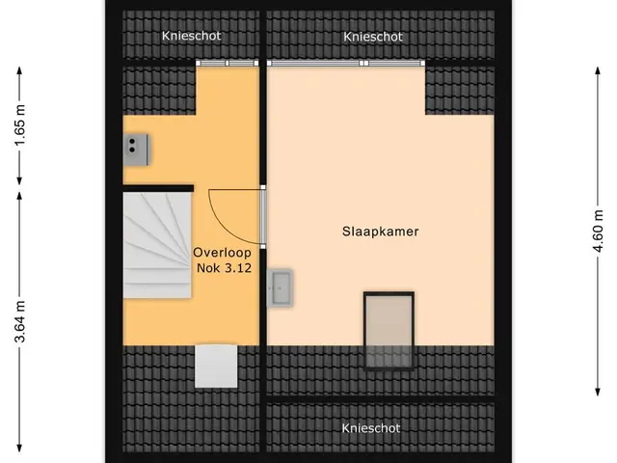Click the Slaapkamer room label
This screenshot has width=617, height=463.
pyautogui.click(x=380, y=231)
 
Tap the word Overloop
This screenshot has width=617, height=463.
pyautogui.click(x=222, y=253)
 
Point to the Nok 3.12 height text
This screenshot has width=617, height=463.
pyautogui.click(x=224, y=268)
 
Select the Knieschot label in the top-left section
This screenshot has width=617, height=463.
pyautogui.click(x=191, y=36)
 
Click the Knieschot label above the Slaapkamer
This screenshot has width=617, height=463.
pyautogui.click(x=373, y=37)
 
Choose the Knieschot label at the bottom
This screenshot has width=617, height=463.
pyautogui.click(x=370, y=428)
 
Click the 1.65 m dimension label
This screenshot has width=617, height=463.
pyautogui.click(x=19, y=125)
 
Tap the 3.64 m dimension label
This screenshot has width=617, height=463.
pyautogui.click(x=19, y=321)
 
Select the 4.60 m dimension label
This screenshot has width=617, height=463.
pyautogui.click(x=598, y=231)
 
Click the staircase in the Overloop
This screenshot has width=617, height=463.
pyautogui.click(x=157, y=245)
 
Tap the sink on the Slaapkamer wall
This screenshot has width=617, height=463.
pyautogui.click(x=280, y=287)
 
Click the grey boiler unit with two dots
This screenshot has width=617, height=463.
pyautogui.click(x=136, y=150)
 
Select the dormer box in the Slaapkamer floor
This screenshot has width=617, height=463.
pyautogui.click(x=389, y=331)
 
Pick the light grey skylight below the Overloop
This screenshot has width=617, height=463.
pyautogui.click(x=216, y=367)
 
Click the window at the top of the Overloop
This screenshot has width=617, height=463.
pyautogui.click(x=228, y=63)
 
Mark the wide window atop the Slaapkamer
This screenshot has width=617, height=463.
pyautogui.click(x=346, y=63)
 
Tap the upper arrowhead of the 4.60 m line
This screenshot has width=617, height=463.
pyautogui.click(x=598, y=70)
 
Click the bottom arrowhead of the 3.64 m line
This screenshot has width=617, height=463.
pyautogui.click(x=19, y=448)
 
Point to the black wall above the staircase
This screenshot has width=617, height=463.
pyautogui.click(x=158, y=188)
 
